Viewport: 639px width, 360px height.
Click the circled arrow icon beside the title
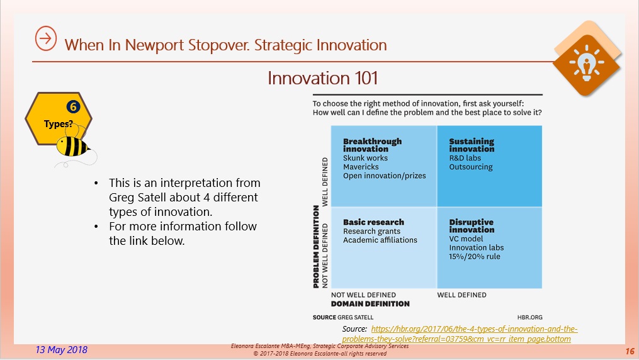pos(45,38)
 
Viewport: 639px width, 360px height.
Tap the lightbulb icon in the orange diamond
pos(586,63)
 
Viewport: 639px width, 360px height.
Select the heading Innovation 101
pos(322,78)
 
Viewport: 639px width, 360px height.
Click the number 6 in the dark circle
pos(74,107)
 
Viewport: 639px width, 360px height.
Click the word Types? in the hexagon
pos(59,124)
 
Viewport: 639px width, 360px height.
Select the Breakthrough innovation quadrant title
pos(372,145)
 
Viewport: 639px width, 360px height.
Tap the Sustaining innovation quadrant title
pos(472,145)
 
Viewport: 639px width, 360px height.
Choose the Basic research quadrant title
pos(374,222)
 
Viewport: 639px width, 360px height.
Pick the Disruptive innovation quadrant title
pos(472,225)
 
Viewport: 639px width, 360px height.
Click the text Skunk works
pos(365,158)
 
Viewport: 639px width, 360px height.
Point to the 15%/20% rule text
pos(474,257)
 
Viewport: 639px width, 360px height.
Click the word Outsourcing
pos(471,167)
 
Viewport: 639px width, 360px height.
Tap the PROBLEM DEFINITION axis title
pos(316,247)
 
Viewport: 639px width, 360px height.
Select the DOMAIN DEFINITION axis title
pos(370,304)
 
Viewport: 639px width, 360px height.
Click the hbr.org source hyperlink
pos(460,334)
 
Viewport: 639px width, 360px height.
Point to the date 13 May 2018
pos(62,350)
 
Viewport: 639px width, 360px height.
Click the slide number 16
pos(630,351)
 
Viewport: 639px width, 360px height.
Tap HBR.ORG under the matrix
pos(530,317)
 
